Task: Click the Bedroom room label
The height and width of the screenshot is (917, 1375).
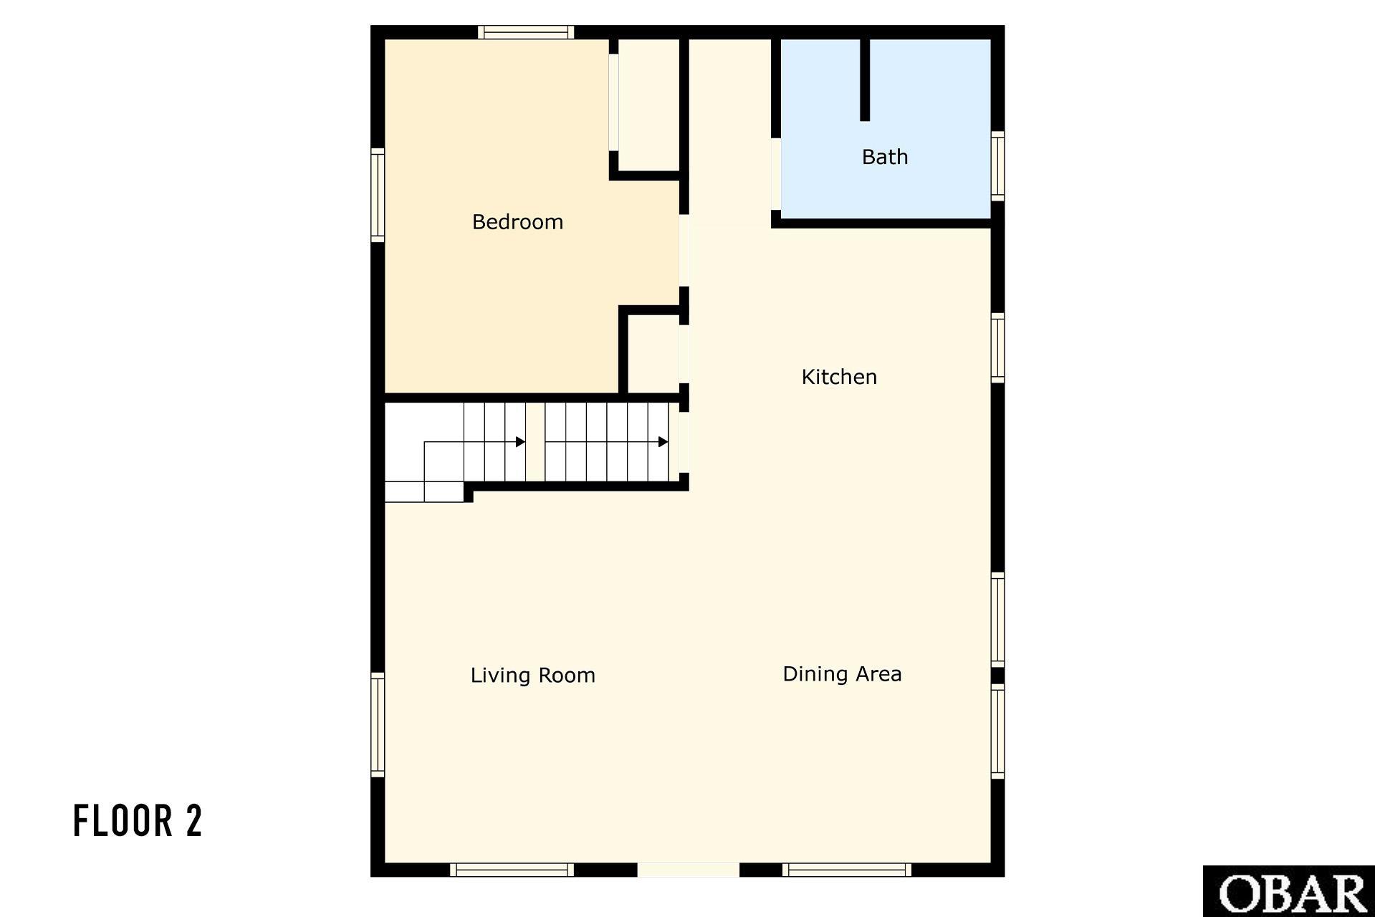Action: tap(517, 222)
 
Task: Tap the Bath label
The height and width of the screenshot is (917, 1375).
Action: tap(885, 157)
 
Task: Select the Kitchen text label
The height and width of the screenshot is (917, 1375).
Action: tap(839, 377)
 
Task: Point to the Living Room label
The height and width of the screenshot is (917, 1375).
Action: tap(532, 675)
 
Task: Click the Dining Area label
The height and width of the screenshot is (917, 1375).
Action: tap(842, 674)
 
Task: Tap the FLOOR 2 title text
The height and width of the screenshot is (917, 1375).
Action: tap(138, 821)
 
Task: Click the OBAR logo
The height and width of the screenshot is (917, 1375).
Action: tap(1289, 891)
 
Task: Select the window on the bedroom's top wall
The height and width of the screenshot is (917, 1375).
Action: tap(526, 32)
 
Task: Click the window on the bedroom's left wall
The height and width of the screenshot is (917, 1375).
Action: tap(378, 195)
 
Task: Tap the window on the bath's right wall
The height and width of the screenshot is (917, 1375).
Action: tap(997, 166)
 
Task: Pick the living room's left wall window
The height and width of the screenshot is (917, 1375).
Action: tap(378, 725)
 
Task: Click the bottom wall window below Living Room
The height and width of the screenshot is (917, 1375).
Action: tap(512, 870)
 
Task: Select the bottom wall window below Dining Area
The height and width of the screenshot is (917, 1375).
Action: tap(847, 870)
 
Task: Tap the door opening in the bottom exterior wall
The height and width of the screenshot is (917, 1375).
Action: tap(688, 870)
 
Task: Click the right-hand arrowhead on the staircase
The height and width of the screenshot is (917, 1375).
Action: tap(663, 442)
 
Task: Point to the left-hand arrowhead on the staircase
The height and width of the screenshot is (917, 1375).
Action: tap(521, 442)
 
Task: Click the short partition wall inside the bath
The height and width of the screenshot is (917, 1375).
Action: tap(865, 80)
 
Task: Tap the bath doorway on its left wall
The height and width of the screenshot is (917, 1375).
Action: tap(776, 174)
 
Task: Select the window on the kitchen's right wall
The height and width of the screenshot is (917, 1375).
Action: tap(997, 347)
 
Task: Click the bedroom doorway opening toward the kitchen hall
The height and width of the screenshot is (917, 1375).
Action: tap(684, 251)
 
